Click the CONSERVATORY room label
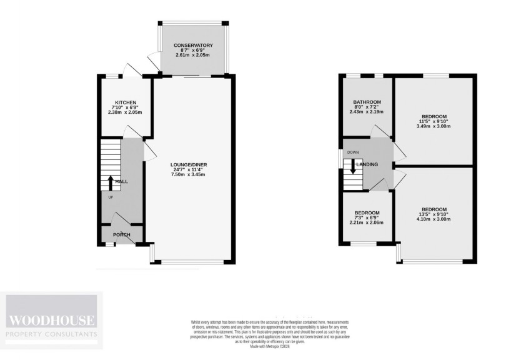(193, 46)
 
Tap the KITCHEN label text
(126, 102)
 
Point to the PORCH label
(122, 235)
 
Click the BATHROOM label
(367, 102)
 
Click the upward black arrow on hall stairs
(111, 182)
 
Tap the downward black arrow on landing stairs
(353, 166)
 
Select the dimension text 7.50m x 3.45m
(189, 174)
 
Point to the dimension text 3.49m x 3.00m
(434, 126)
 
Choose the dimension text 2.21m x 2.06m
(366, 222)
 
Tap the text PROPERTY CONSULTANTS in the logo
(52, 335)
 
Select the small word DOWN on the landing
(353, 152)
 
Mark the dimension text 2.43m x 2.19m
(367, 112)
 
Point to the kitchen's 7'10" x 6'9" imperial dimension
(126, 107)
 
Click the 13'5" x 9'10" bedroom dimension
(434, 214)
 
